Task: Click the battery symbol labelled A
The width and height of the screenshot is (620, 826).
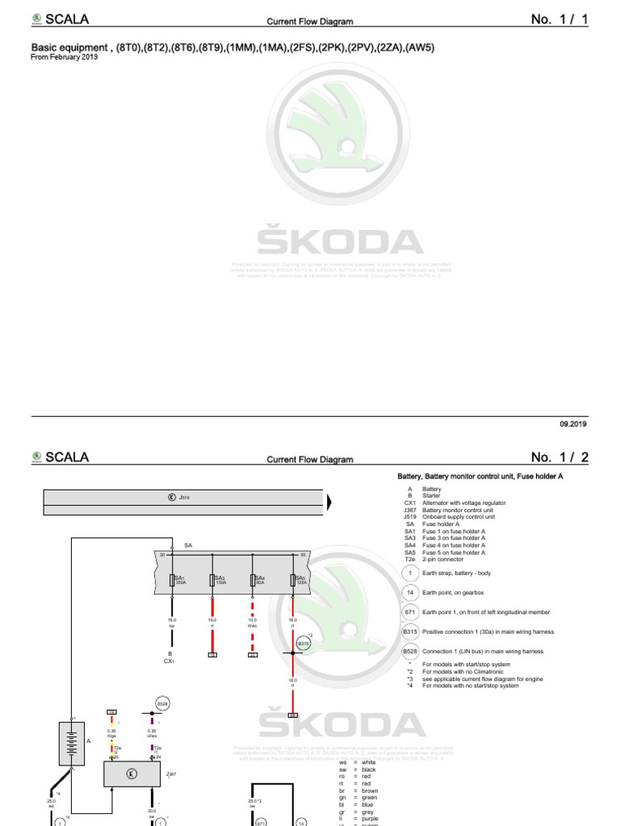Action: tap(71, 744)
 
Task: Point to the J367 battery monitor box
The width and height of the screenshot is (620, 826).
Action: tap(132, 774)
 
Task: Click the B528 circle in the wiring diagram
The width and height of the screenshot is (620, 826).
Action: tap(162, 703)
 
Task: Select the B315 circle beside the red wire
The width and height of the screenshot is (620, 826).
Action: tap(304, 643)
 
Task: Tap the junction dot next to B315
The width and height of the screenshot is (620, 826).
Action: tap(292, 653)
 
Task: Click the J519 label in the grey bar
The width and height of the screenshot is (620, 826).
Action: tap(184, 498)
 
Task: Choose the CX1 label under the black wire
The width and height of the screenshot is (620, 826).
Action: tap(170, 661)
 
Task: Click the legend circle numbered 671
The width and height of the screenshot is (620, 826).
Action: tap(409, 612)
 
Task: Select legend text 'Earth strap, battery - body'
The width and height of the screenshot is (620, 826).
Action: tap(456, 573)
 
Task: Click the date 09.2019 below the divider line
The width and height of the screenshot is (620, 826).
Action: tap(573, 423)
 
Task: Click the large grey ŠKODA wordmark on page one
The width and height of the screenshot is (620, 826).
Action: tap(340, 243)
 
